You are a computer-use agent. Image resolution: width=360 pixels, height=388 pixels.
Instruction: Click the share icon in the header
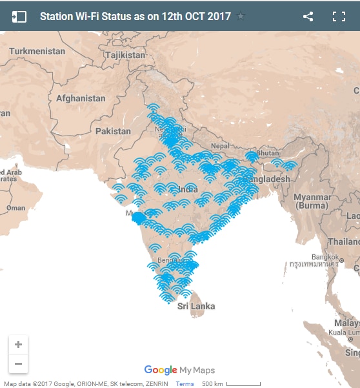pos(308,17)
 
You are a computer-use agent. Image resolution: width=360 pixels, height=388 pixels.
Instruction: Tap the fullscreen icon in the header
pos(339,17)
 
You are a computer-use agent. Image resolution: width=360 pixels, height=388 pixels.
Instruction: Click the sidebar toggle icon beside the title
pos(19,17)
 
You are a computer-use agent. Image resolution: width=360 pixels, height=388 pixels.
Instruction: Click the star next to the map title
pos(241,17)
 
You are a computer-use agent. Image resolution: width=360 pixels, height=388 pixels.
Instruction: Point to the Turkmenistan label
pos(37,51)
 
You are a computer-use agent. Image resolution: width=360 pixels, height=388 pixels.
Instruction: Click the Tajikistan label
pos(126,55)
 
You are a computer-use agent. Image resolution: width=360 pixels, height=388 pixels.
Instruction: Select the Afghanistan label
pos(81,99)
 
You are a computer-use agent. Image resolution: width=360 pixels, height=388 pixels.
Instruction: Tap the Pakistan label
pos(113,131)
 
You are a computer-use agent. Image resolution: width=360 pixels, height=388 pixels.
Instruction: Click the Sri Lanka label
pos(196,306)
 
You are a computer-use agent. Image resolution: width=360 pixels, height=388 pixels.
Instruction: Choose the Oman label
pos(15,208)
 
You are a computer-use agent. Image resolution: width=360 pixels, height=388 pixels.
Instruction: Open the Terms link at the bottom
pos(185,383)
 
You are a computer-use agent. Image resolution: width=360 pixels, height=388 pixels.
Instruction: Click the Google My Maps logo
pos(179,370)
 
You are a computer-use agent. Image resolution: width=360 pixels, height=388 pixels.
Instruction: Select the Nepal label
pos(220,146)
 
